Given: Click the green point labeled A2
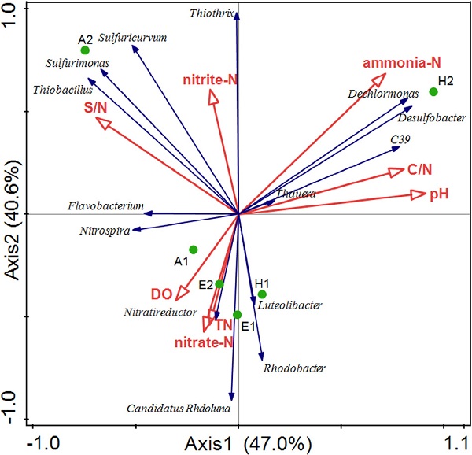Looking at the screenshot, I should tap(85, 50).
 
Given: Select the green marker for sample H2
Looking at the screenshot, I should tap(433, 92).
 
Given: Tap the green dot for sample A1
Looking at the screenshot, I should tap(193, 250).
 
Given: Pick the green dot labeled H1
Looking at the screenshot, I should tap(262, 294).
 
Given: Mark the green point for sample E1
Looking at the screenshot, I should tap(238, 315).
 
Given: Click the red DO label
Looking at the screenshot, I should tap(161, 294).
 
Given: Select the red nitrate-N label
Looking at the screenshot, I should tap(204, 342).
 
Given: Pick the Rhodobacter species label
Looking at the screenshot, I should tap(294, 368).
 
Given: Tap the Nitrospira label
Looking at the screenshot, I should tap(103, 231).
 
